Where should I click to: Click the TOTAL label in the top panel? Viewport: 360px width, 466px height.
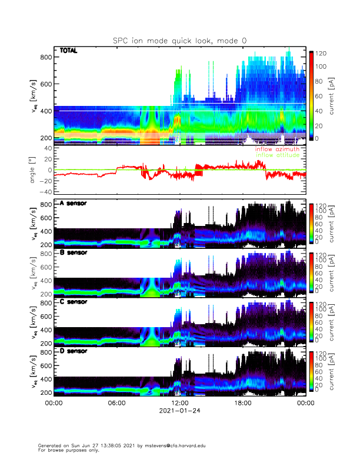[x=69, y=51]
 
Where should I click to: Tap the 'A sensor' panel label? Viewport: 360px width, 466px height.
[x=73, y=204]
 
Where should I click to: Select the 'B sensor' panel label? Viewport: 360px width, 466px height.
[x=73, y=253]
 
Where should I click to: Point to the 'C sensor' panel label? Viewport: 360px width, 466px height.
[x=73, y=302]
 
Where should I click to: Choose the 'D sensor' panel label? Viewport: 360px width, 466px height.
[x=73, y=351]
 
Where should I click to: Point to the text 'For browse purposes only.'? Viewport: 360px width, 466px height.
[x=67, y=450]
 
